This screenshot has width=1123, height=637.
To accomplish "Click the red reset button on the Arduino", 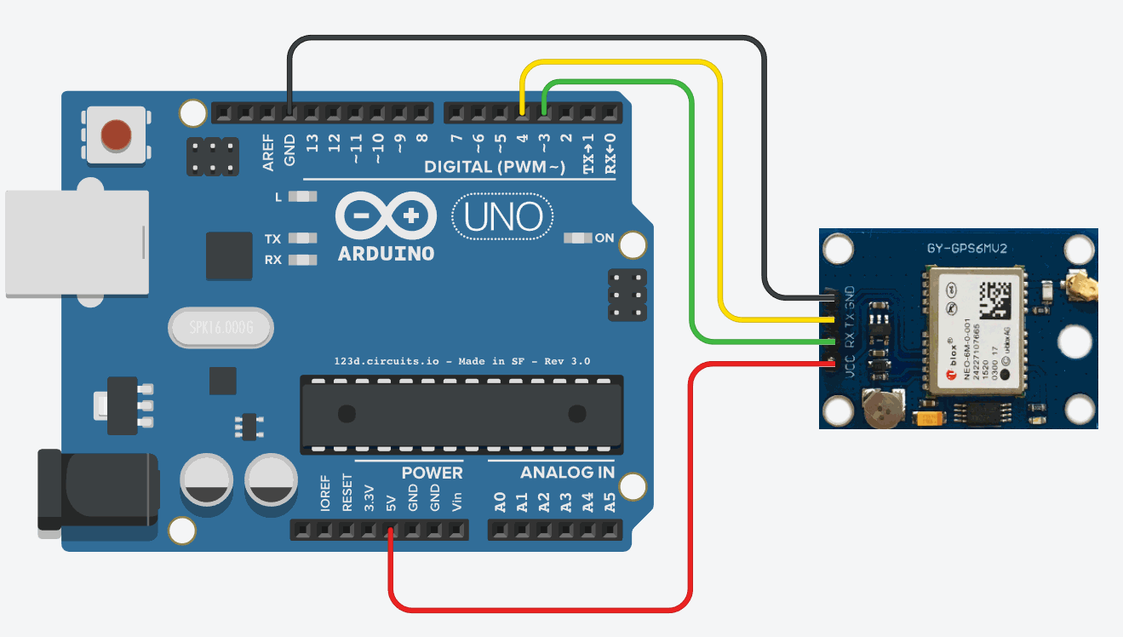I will (116, 134).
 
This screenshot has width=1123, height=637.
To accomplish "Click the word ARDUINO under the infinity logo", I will (386, 254).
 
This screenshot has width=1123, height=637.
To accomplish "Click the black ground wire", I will (528, 38).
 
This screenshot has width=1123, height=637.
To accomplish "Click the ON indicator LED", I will (579, 238).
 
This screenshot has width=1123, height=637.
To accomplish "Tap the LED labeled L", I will (301, 197).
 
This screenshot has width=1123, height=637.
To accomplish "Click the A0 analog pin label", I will (501, 502).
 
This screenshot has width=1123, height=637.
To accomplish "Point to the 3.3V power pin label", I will (369, 496).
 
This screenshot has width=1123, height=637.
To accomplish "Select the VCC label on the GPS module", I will (849, 366).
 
